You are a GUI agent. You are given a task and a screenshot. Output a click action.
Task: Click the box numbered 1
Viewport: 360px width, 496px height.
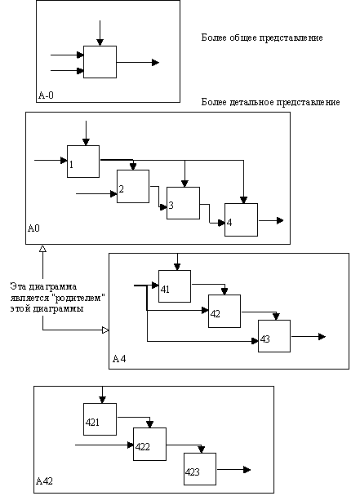pos(83,162)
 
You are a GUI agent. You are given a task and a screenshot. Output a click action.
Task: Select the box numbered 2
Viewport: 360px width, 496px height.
pos(133,186)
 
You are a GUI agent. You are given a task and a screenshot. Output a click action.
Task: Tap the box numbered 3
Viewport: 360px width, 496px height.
pos(183,203)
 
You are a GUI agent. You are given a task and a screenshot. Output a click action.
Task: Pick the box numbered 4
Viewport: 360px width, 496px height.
pos(241,219)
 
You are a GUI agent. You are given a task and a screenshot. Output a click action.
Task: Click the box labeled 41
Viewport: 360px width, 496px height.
pos(175,286)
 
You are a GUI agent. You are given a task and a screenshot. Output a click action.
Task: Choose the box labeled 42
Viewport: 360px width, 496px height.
pos(224,311)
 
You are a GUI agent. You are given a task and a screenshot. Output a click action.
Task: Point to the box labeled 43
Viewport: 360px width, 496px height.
pos(274,336)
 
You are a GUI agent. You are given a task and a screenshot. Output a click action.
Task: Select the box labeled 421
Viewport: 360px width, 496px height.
pos(100,419)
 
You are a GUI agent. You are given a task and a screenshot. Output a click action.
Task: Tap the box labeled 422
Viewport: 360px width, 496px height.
pos(149,444)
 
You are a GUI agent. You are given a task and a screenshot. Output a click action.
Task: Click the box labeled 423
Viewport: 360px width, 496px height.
pos(200,469)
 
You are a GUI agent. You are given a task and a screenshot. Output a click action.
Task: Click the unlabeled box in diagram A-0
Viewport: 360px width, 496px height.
pos(100,62)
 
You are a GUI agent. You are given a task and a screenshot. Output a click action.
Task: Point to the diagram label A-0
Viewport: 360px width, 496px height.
pos(46,95)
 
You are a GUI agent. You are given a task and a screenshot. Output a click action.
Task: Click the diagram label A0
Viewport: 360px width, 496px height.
pos(33,228)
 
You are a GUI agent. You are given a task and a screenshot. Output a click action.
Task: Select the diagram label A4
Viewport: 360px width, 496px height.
pos(119,359)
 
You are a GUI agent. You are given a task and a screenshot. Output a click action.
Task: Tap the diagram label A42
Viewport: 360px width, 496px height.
pos(44,481)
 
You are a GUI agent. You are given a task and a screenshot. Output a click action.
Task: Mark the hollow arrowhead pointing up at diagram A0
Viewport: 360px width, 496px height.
pos(42,249)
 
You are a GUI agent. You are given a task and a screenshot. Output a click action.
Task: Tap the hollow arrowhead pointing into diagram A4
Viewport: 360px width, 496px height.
pos(105,330)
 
